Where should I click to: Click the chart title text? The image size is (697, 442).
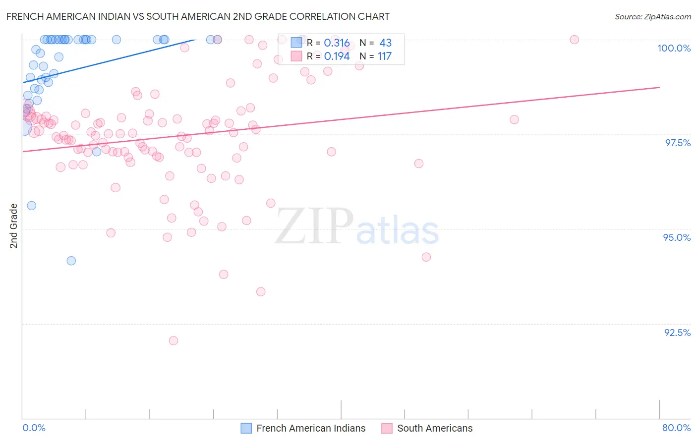pyautogui.click(x=198, y=16)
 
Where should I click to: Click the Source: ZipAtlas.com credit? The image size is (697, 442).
pyautogui.click(x=652, y=16)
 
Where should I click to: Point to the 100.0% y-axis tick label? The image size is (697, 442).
pyautogui.click(x=674, y=48)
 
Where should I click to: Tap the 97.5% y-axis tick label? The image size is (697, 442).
pyautogui.click(x=677, y=143)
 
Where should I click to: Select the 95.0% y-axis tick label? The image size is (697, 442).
pyautogui.click(x=677, y=237)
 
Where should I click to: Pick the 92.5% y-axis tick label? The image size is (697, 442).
pyautogui.click(x=677, y=332)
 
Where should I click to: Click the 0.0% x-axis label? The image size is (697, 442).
pyautogui.click(x=34, y=428)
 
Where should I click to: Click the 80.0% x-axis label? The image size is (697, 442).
pyautogui.click(x=676, y=428)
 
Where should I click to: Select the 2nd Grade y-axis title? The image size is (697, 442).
pyautogui.click(x=14, y=226)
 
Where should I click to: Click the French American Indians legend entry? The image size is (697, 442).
pyautogui.click(x=310, y=428)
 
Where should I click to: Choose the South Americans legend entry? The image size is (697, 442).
pyautogui.click(x=434, y=428)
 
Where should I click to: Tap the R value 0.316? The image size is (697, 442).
pyautogui.click(x=337, y=43)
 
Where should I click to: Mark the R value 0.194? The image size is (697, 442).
pyautogui.click(x=337, y=56)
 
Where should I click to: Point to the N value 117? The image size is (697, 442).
pyautogui.click(x=384, y=56)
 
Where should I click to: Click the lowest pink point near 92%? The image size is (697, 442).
pyautogui.click(x=173, y=340)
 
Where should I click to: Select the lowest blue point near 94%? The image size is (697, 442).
pyautogui.click(x=71, y=261)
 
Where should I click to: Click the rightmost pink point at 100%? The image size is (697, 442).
pyautogui.click(x=574, y=40)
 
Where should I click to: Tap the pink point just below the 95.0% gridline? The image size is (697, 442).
pyautogui.click(x=111, y=233)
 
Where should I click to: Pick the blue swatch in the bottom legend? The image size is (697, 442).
pyautogui.click(x=246, y=428)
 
